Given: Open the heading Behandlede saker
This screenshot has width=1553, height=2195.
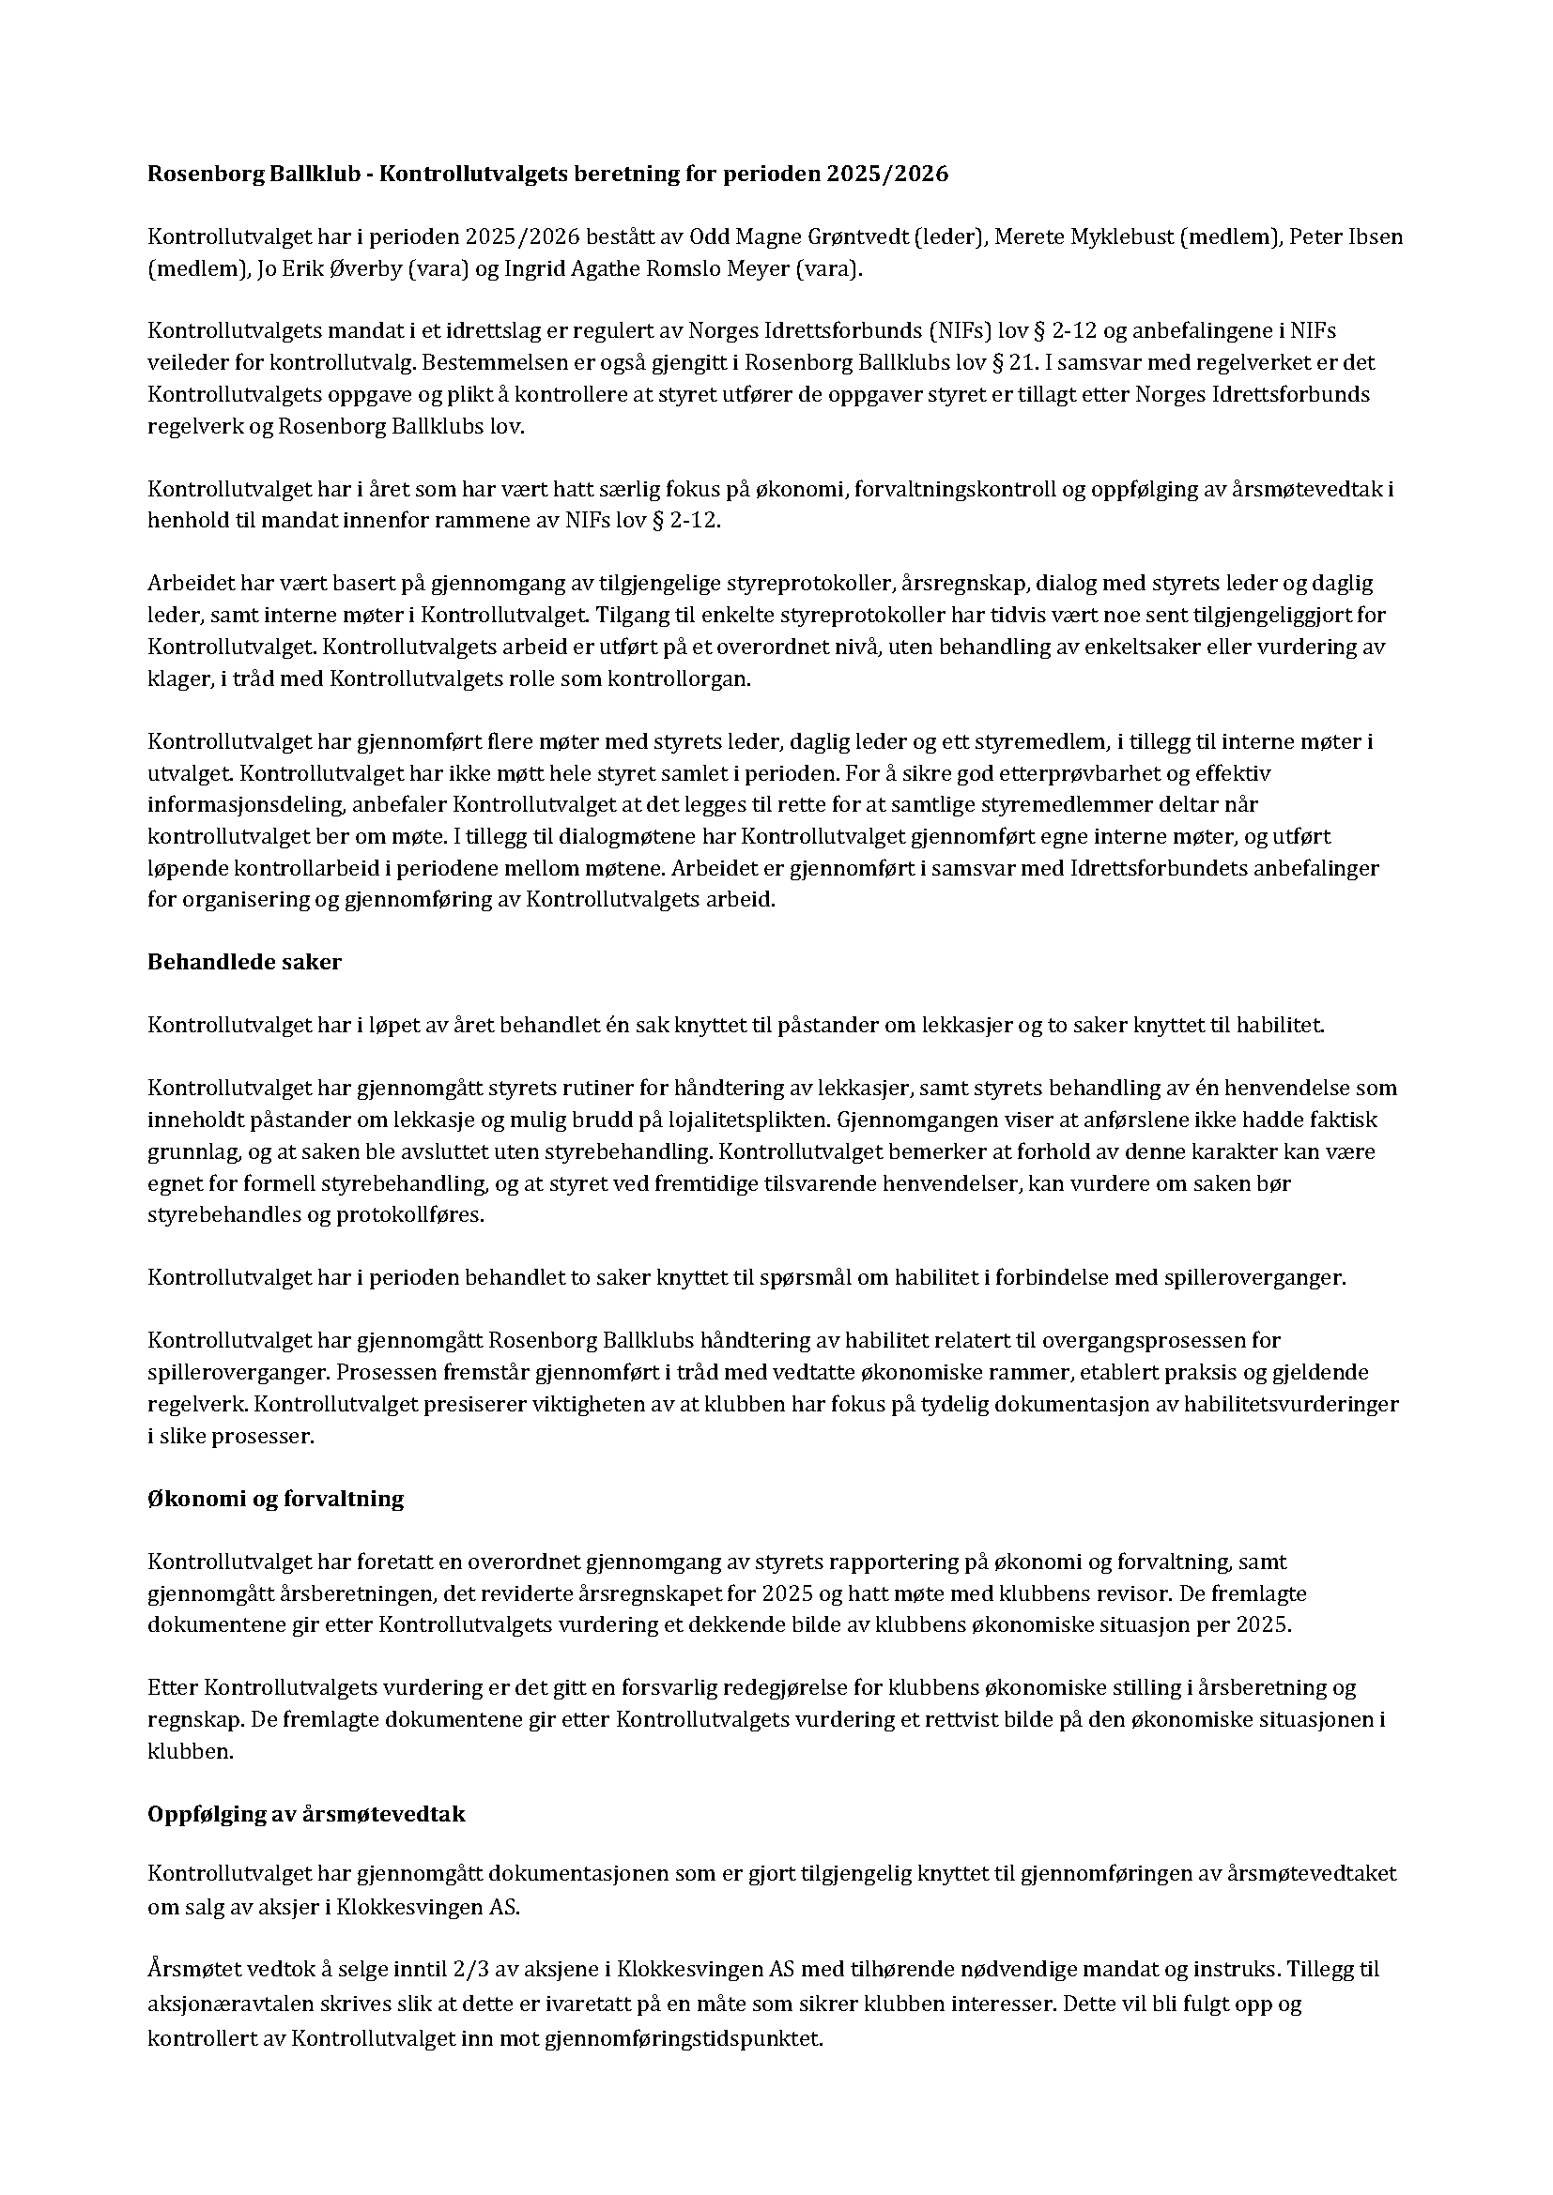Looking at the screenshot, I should coord(244,962).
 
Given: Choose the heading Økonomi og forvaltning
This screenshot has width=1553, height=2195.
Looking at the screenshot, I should coord(275,1498).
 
